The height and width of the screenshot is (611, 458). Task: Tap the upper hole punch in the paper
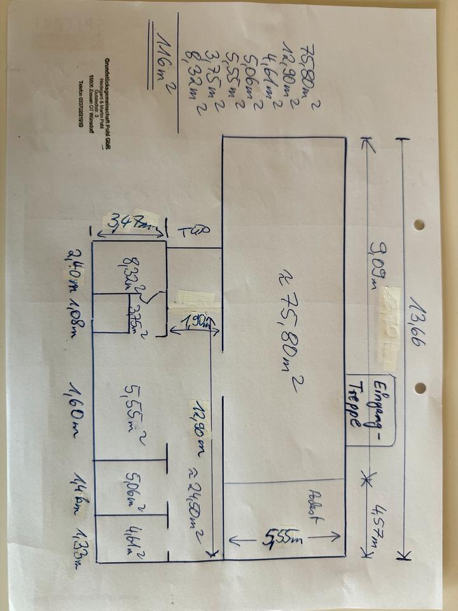(x=419, y=225)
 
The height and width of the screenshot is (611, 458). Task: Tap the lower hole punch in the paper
(x=420, y=388)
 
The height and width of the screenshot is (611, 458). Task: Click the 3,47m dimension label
(x=130, y=223)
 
